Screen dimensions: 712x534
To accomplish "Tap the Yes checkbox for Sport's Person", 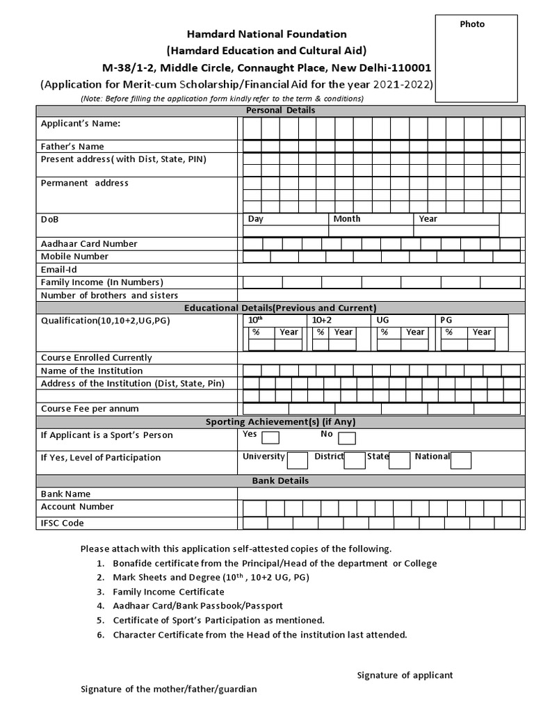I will click(270, 438).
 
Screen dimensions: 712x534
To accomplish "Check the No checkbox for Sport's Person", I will click(347, 438).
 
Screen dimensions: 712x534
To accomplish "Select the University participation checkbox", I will click(298, 460).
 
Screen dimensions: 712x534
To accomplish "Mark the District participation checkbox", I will click(355, 460).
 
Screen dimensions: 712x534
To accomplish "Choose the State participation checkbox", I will click(399, 460).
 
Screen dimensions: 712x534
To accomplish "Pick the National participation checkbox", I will click(460, 460).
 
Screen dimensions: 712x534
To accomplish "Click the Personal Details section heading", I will click(280, 111).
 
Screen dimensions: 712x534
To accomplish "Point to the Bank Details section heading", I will click(280, 481).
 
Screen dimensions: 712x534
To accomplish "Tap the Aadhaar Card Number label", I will click(89, 244).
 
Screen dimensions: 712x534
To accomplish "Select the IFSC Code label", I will click(62, 524).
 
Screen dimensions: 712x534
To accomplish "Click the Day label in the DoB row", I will click(256, 219).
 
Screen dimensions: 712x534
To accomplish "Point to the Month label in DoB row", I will click(347, 219).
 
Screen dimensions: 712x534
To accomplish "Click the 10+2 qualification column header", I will click(321, 320).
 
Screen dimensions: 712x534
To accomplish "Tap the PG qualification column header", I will click(446, 320).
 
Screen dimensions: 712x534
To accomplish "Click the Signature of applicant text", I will click(405, 675).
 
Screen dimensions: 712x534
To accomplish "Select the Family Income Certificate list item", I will click(168, 592).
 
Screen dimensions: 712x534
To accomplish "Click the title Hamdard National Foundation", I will click(266, 34).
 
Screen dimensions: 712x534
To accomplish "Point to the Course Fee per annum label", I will click(90, 409).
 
